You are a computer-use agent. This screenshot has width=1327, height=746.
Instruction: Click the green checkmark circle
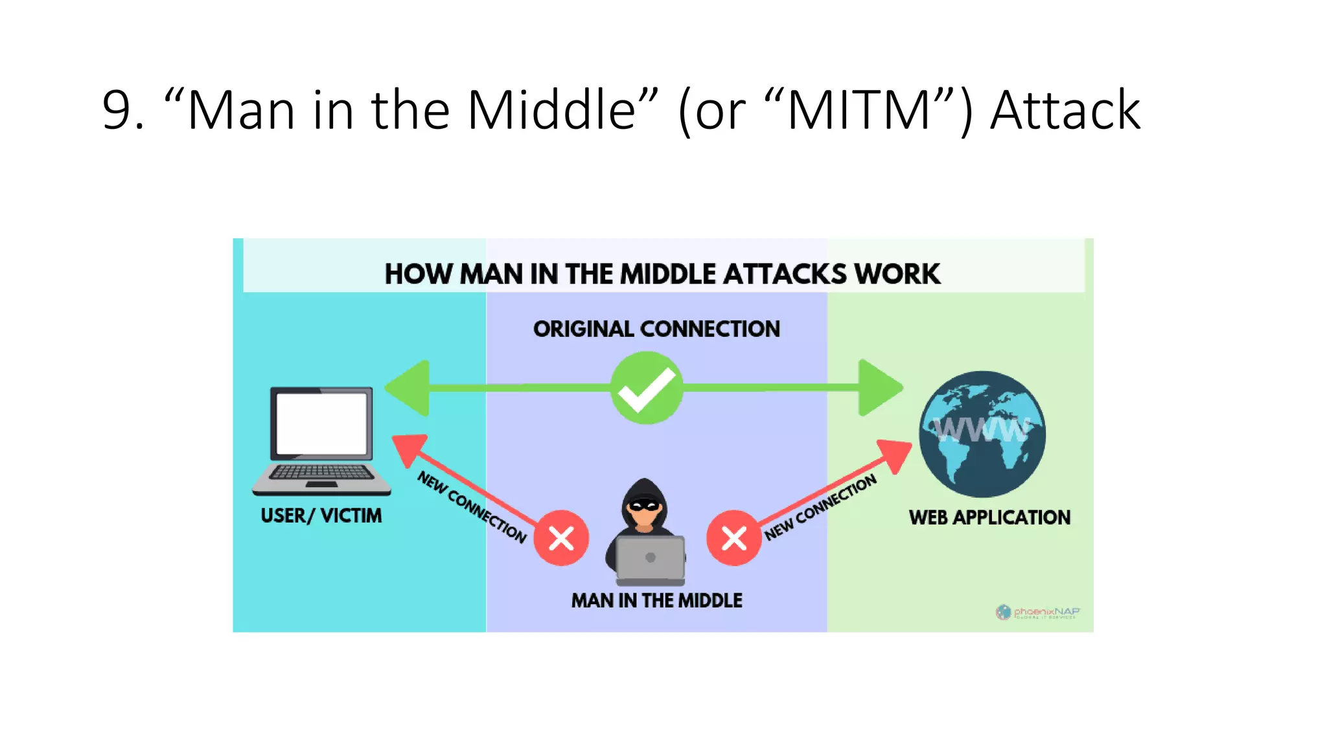pyautogui.click(x=646, y=388)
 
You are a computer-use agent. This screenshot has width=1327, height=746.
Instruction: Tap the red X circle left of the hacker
pyautogui.click(x=561, y=537)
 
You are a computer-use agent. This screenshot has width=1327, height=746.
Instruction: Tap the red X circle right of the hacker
pyautogui.click(x=733, y=537)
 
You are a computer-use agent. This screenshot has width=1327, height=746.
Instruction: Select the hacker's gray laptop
pyautogui.click(x=650, y=558)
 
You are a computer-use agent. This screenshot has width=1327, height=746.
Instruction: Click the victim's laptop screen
pyautogui.click(x=321, y=424)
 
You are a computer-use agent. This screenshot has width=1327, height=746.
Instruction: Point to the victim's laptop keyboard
pyautogui.click(x=321, y=473)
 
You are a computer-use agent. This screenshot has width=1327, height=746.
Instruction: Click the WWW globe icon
pyautogui.click(x=982, y=433)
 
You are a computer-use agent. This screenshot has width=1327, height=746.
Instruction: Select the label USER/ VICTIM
pyautogui.click(x=321, y=515)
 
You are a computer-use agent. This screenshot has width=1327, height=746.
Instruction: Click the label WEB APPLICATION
pyautogui.click(x=989, y=517)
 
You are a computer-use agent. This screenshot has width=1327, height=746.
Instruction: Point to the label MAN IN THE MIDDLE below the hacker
pyautogui.click(x=656, y=600)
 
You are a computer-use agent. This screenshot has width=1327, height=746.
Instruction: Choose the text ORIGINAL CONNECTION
pyautogui.click(x=656, y=329)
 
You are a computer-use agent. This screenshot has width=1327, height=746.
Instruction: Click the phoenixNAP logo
pyautogui.click(x=1037, y=612)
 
